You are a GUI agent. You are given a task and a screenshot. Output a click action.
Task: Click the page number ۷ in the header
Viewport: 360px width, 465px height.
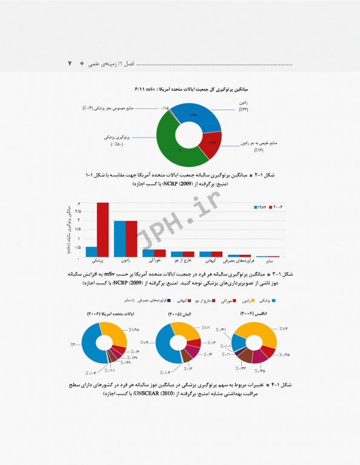[x=70, y=64]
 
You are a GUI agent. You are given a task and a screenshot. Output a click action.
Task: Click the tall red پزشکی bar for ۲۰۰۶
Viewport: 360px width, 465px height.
[x=102, y=229]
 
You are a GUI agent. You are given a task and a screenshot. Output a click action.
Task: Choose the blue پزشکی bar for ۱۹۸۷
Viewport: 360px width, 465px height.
[x=92, y=251]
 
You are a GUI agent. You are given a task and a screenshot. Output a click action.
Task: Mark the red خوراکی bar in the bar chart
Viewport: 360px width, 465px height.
[x=160, y=253]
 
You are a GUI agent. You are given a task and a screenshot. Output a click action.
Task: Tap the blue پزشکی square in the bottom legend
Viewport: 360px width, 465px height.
[x=275, y=300]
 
